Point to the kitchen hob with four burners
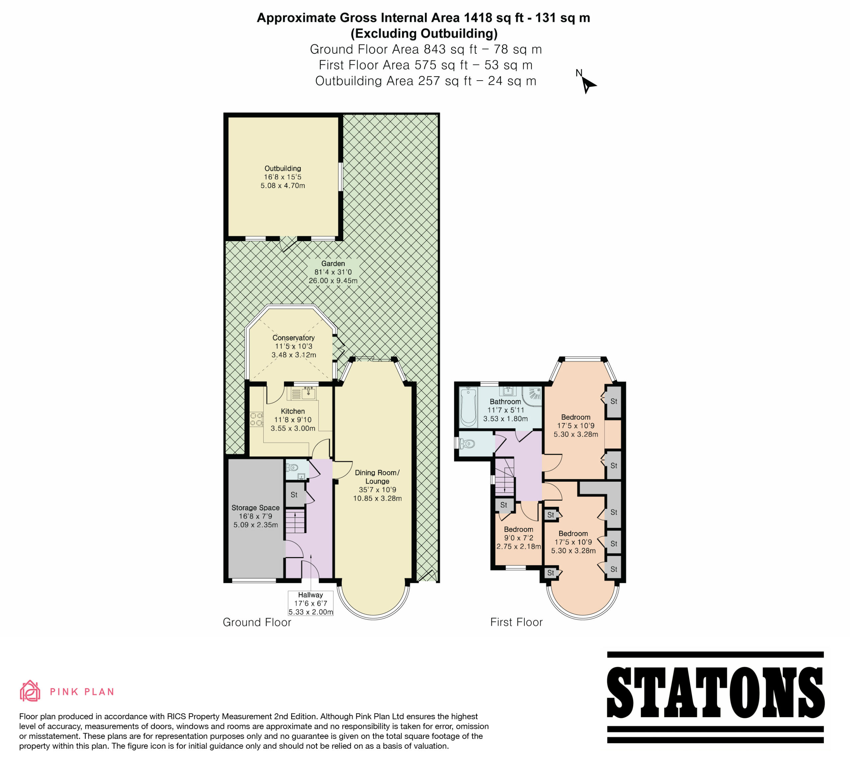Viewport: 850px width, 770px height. pyautogui.click(x=256, y=419)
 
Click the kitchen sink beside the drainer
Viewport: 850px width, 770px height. pyautogui.click(x=309, y=393)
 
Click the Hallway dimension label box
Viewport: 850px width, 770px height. pyautogui.click(x=311, y=603)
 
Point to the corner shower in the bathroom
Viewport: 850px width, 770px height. pyautogui.click(x=532, y=396)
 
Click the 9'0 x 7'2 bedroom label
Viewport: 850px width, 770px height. pyautogui.click(x=519, y=538)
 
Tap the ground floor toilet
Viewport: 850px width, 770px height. pyautogui.click(x=292, y=467)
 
